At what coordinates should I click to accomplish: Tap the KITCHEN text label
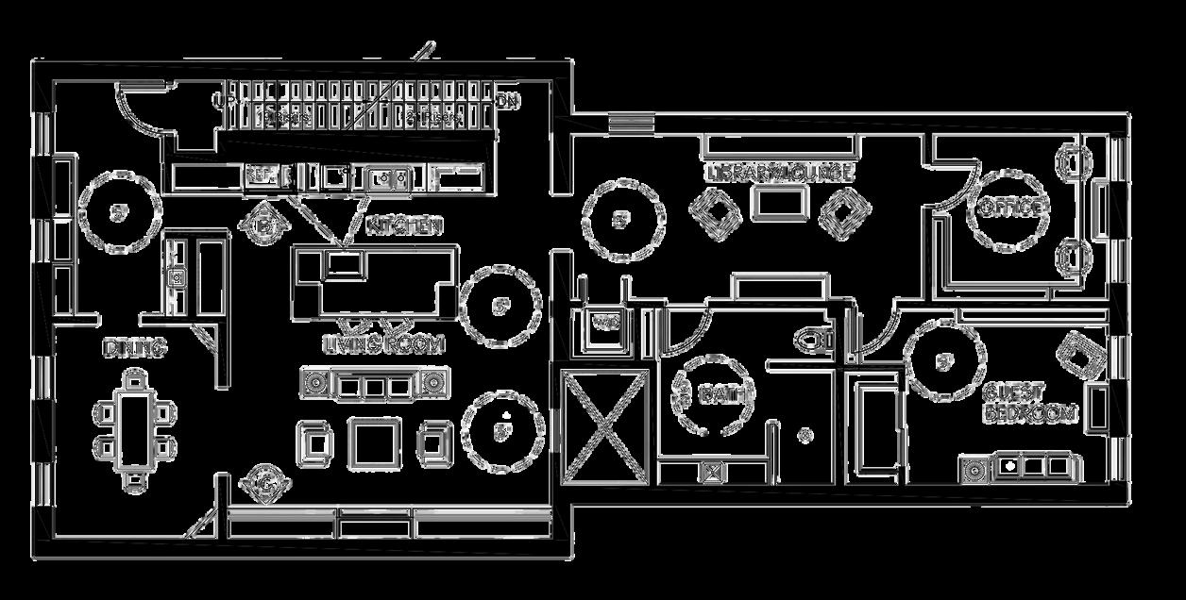404,226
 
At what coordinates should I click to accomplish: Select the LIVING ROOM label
383,344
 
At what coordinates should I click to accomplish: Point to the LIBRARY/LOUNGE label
780,173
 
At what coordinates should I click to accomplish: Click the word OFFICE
1011,207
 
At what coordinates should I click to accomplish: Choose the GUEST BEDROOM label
1029,402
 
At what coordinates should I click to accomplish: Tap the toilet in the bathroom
815,338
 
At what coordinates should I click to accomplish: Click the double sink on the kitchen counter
389,176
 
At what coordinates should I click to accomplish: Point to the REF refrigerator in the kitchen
260,175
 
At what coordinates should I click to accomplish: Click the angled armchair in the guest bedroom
1084,357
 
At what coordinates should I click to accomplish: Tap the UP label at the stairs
225,98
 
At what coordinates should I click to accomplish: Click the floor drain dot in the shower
805,435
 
